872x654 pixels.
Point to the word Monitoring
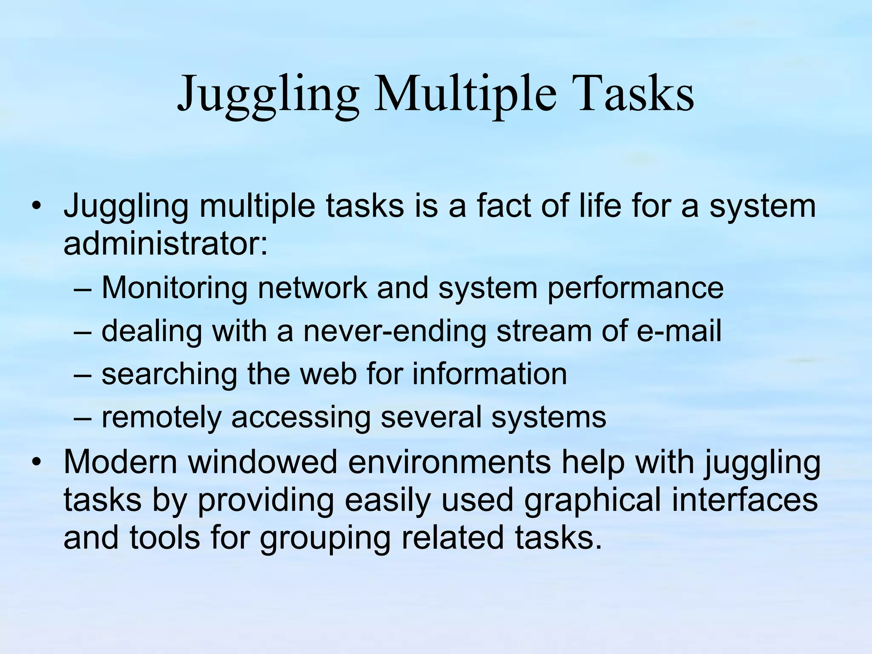click(x=175, y=288)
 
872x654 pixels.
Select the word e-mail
click(x=679, y=331)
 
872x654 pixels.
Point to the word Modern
click(x=120, y=462)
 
